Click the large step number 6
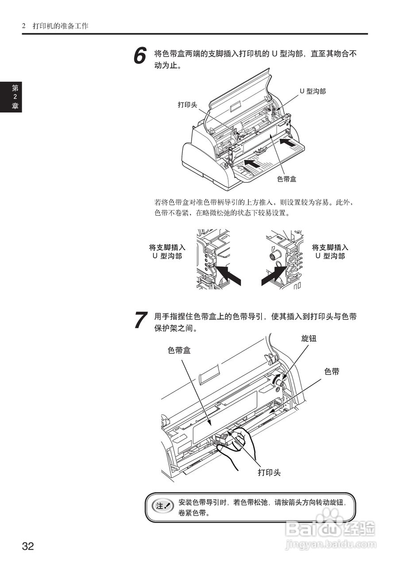(140, 57)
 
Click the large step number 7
(140, 320)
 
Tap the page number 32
(28, 546)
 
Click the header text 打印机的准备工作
(61, 26)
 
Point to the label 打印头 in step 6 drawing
(187, 105)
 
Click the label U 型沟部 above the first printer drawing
(312, 91)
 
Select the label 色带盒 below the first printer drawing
(286, 179)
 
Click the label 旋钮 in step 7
(309, 338)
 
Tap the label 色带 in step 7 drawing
(332, 372)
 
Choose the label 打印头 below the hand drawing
(269, 472)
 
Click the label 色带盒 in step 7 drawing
(179, 350)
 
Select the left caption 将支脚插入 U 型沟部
(167, 252)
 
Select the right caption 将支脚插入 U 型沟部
(330, 252)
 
